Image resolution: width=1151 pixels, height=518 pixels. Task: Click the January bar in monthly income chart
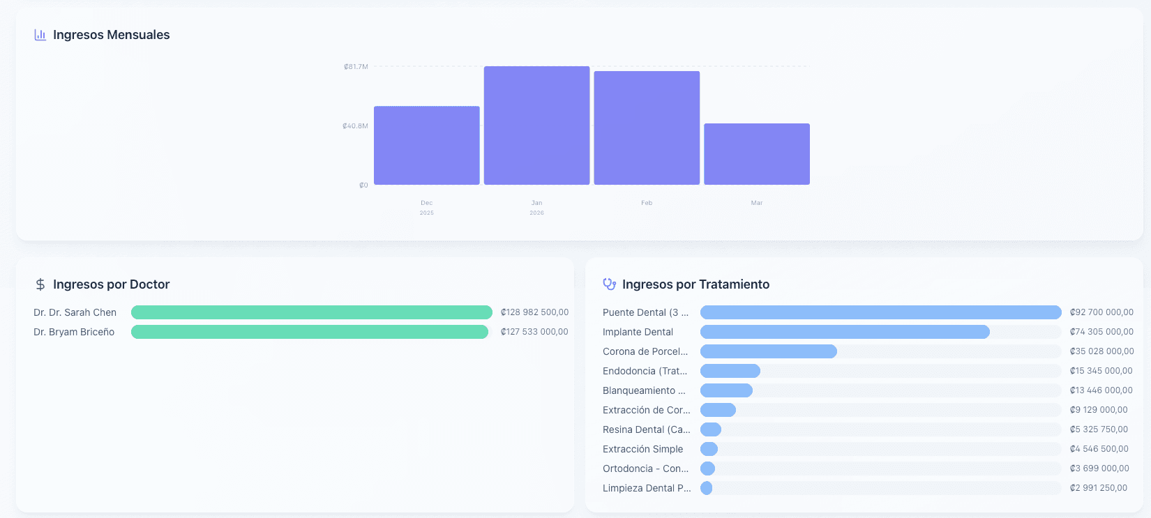coord(536,125)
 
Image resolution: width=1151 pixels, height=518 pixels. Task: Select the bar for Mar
coord(757,154)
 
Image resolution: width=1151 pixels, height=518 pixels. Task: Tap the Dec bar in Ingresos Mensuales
coord(426,145)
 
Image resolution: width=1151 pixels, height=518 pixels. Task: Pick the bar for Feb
coord(647,128)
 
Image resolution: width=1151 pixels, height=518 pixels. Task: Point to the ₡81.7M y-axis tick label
coord(356,67)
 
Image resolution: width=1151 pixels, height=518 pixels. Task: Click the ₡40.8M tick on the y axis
coord(355,126)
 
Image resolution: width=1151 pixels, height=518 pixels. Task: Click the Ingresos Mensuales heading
coord(111,35)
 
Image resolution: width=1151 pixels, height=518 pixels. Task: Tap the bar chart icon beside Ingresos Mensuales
coord(40,35)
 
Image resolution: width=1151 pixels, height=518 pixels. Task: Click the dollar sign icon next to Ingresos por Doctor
coord(40,284)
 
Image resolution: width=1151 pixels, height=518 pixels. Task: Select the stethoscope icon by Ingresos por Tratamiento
coord(609,284)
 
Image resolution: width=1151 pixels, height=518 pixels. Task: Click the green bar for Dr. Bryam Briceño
coord(309,332)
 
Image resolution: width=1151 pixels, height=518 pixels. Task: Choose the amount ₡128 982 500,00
coord(534,312)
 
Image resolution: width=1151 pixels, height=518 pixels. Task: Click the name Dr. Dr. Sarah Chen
coord(75,312)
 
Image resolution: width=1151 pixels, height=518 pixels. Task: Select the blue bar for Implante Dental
coord(844,332)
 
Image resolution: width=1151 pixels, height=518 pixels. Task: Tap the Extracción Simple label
coord(642,449)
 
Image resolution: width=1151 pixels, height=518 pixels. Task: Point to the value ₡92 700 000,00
coord(1101,312)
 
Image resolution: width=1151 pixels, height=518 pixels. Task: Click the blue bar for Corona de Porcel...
coord(768,351)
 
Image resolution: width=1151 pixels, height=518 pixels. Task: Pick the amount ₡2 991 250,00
coord(1098,488)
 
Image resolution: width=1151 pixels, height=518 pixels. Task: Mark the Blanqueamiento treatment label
coord(643,390)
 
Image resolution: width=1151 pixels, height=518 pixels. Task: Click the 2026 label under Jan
coord(536,213)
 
